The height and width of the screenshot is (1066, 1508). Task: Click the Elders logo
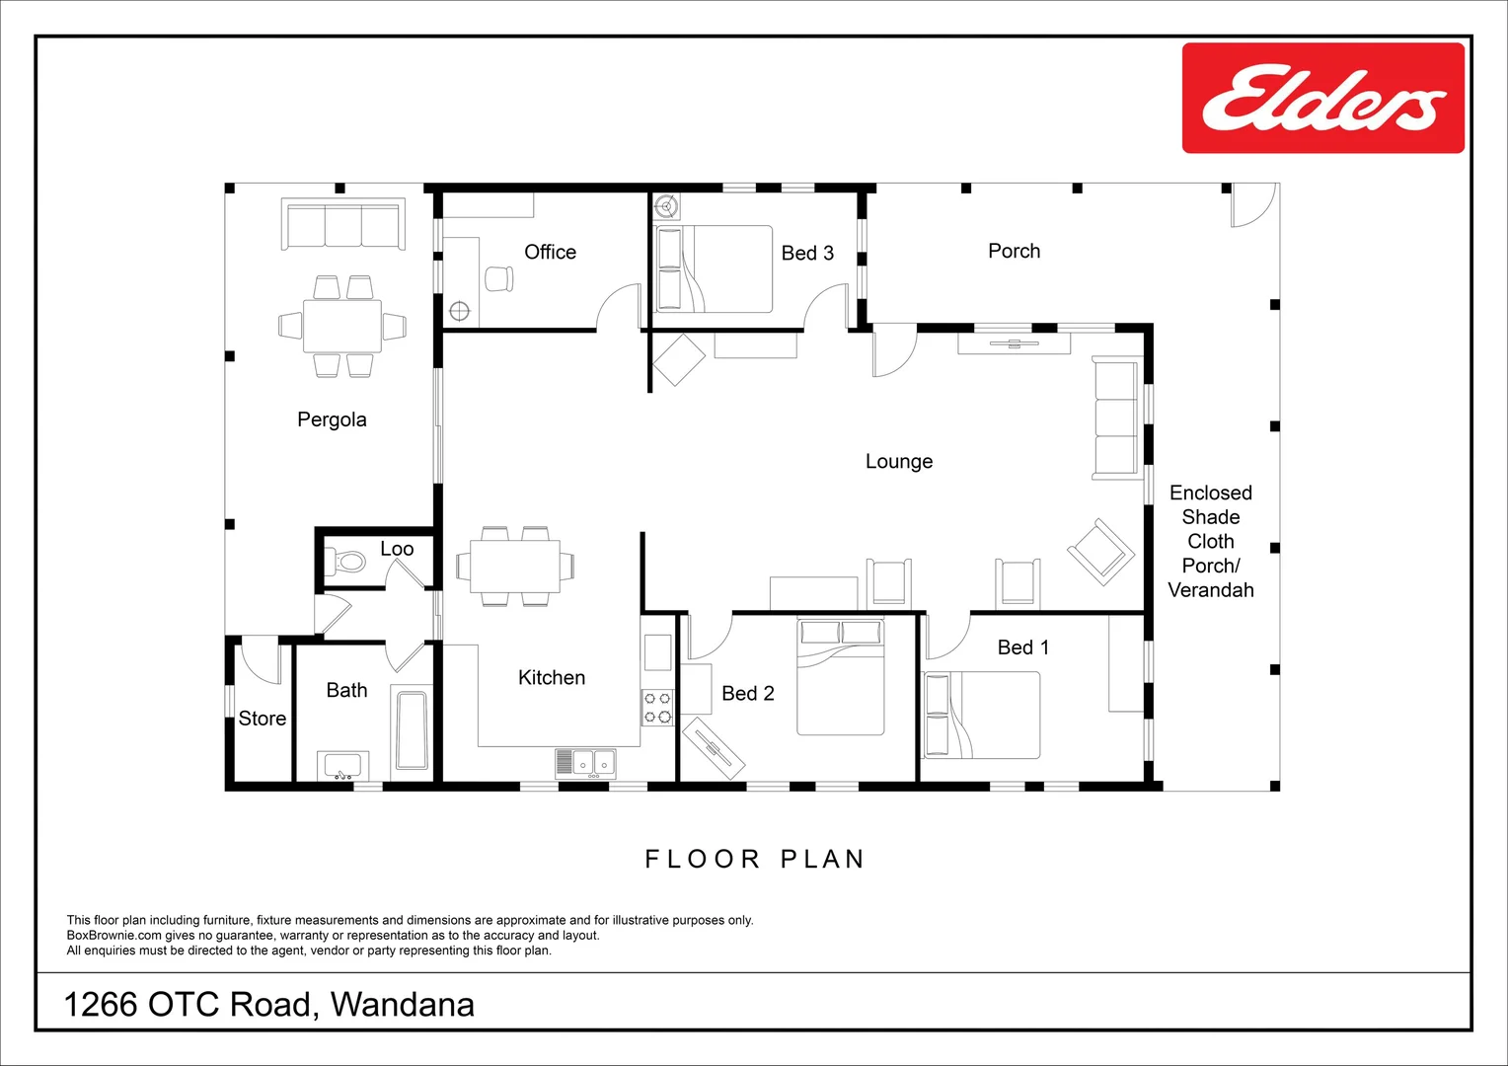(x=1323, y=99)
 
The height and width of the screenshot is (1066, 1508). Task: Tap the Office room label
(x=550, y=252)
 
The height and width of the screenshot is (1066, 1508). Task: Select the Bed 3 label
(x=807, y=254)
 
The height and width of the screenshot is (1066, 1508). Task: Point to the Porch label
(x=1014, y=251)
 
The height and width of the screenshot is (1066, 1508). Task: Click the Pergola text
(x=332, y=420)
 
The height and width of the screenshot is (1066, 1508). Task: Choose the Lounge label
(x=899, y=462)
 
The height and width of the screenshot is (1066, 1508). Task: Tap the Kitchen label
(x=552, y=677)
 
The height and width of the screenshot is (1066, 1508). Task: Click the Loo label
(x=397, y=549)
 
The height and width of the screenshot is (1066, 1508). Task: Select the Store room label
(x=262, y=719)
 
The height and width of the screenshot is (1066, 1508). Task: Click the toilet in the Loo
(x=344, y=561)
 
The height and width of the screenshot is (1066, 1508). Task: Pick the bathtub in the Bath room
(x=412, y=730)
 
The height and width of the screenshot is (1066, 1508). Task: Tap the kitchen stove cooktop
(x=657, y=707)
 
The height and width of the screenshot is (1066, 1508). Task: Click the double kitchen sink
(x=585, y=764)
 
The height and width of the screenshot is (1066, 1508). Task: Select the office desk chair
(x=498, y=278)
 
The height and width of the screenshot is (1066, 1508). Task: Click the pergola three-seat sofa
(x=343, y=224)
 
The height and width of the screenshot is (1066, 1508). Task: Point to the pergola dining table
(x=342, y=326)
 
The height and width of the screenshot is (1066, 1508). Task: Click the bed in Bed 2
(x=840, y=677)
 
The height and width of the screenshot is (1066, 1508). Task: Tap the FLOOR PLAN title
(x=755, y=860)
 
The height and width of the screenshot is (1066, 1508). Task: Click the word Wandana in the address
(x=403, y=1005)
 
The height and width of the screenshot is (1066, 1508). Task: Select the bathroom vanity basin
(x=342, y=766)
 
